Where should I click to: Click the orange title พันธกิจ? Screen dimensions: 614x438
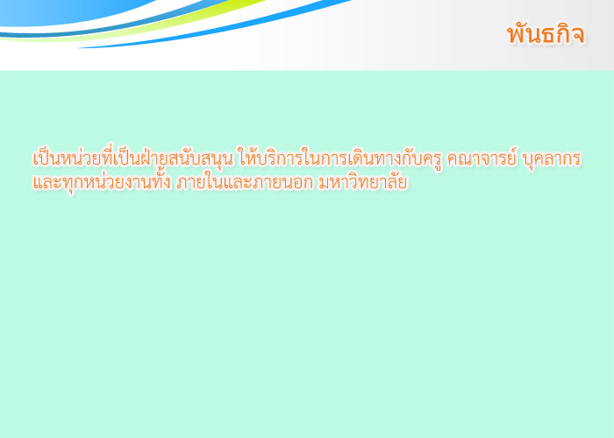pyautogui.click(x=546, y=33)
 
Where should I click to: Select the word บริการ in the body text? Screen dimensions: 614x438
pyautogui.click(x=274, y=158)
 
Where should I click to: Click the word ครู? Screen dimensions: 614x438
pyautogui.click(x=434, y=159)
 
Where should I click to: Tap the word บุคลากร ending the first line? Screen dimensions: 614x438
pyautogui.click(x=552, y=159)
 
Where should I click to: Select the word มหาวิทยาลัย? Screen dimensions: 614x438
pyautogui.click(x=362, y=182)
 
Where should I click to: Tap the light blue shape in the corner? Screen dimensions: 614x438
pyautogui.click(x=59, y=11)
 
